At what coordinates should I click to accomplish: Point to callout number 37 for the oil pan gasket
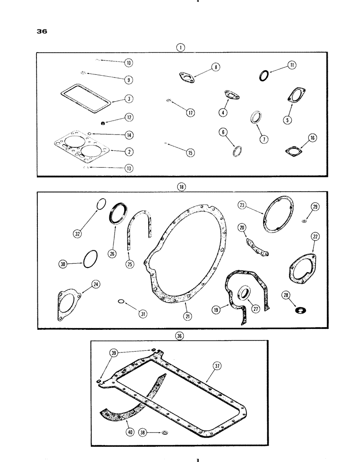point(217,365)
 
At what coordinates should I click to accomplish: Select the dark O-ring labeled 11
point(264,74)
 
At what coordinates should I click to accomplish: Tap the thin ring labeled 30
point(91,258)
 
